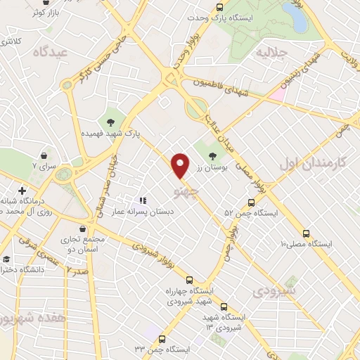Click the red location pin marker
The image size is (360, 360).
point(181,165)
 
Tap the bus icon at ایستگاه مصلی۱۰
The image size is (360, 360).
point(305,233)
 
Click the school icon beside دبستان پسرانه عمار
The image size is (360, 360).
point(143,201)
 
